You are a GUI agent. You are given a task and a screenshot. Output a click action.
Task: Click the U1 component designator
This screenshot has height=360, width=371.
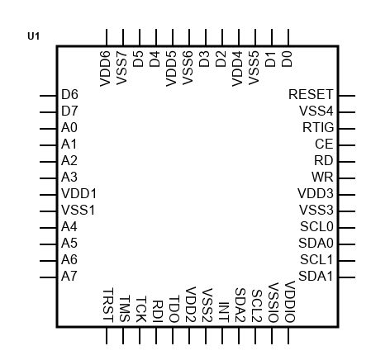tap(34, 36)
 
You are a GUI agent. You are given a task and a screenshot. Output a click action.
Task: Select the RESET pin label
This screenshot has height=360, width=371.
tap(311, 95)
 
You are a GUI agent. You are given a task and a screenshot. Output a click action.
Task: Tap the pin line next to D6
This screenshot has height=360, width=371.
tap(48, 96)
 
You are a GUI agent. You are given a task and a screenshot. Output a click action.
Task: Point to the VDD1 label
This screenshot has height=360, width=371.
tap(78, 194)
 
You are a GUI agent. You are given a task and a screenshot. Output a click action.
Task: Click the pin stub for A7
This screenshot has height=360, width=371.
tap(48, 277)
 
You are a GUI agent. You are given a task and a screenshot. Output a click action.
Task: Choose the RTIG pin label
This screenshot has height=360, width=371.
tap(318, 128)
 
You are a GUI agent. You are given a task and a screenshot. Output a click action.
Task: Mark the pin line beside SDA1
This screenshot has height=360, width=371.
tap(347, 277)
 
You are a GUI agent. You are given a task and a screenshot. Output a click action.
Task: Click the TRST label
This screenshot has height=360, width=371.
tap(108, 305)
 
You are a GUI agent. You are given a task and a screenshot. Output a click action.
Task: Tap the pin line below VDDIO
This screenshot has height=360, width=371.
tap(288, 336)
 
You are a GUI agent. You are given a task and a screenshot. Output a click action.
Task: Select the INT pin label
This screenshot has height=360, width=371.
tap(224, 312)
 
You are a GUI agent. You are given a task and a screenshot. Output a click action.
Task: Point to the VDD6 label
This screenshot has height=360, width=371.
tap(105, 69)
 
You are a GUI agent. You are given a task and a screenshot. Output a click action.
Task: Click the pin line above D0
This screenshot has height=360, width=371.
tap(288, 37)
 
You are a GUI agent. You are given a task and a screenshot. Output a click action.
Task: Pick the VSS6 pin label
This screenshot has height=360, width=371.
tap(188, 68)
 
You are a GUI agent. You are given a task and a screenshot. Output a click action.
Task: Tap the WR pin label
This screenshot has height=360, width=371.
tap(322, 178)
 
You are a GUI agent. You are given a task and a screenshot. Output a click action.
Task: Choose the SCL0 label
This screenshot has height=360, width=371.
tap(316, 227)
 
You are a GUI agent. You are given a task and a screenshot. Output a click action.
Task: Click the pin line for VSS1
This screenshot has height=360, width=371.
tap(48, 211)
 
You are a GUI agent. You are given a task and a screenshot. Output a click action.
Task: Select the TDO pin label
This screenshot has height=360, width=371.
tap(174, 309)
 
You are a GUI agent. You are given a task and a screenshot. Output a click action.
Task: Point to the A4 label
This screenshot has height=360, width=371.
tap(69, 227)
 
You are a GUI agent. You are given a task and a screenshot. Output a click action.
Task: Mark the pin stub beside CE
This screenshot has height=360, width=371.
tap(347, 145)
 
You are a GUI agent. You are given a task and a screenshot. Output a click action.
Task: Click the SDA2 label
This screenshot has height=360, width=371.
tap(240, 305)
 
